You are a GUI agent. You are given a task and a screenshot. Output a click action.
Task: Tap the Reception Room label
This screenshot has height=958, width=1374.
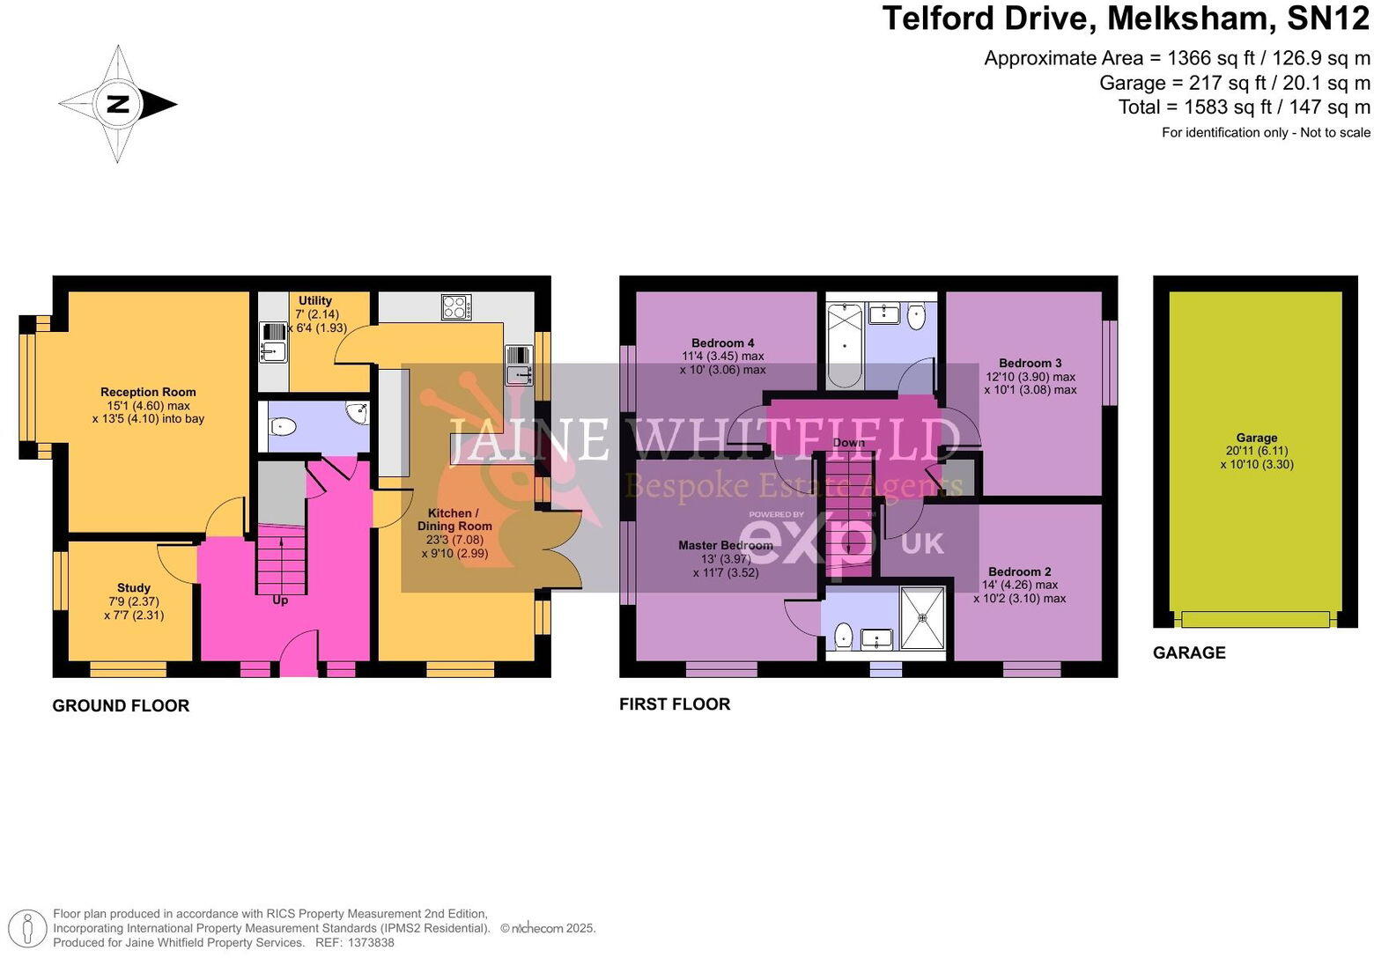tap(148, 392)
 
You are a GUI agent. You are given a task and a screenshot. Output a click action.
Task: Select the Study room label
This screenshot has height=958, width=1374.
tap(134, 587)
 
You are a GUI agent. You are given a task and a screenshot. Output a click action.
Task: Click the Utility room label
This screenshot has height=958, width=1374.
tap(314, 300)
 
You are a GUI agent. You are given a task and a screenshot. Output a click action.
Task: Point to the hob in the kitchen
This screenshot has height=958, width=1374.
tap(456, 307)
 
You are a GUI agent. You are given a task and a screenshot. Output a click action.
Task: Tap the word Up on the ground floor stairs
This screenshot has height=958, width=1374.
tap(280, 601)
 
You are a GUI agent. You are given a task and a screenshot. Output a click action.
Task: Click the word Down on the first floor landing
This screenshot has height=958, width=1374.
tap(849, 442)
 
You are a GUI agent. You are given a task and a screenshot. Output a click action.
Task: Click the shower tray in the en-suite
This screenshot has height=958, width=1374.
tap(922, 619)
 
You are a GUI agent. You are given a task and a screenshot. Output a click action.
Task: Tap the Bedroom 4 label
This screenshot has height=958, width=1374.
tap(722, 343)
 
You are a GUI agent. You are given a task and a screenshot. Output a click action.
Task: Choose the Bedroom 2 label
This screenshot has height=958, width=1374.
tap(1019, 571)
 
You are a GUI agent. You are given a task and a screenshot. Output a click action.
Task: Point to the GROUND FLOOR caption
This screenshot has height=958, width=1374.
tap(121, 705)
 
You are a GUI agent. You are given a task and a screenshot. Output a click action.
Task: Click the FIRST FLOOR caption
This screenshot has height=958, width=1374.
tap(675, 704)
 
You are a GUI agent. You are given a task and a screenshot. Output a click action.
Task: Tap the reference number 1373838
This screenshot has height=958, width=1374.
tap(372, 942)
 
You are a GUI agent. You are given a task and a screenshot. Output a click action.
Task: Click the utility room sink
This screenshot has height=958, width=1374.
tap(273, 347)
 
